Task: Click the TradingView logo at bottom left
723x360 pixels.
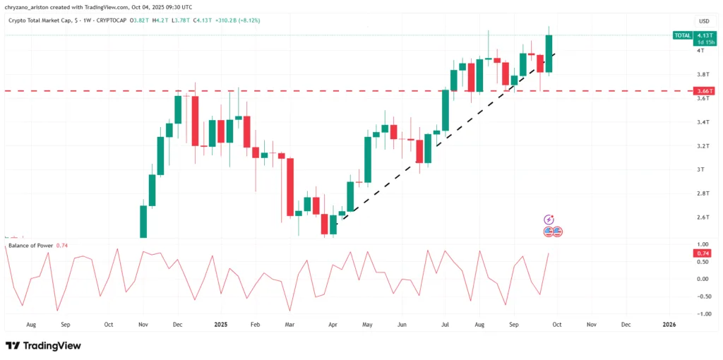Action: (43, 346)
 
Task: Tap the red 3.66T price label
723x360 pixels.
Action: (703, 91)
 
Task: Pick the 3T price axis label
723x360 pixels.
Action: (700, 169)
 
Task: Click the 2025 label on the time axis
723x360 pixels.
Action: (221, 325)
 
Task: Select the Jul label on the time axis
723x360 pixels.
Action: (446, 325)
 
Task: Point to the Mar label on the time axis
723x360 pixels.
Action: (289, 325)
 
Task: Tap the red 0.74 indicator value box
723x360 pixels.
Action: (703, 253)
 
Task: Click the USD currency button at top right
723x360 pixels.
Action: (703, 21)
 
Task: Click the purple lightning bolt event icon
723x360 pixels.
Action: (549, 220)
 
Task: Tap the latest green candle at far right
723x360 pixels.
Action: (549, 53)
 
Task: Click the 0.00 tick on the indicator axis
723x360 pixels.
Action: (703, 279)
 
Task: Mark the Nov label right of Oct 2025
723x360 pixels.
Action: (591, 325)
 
